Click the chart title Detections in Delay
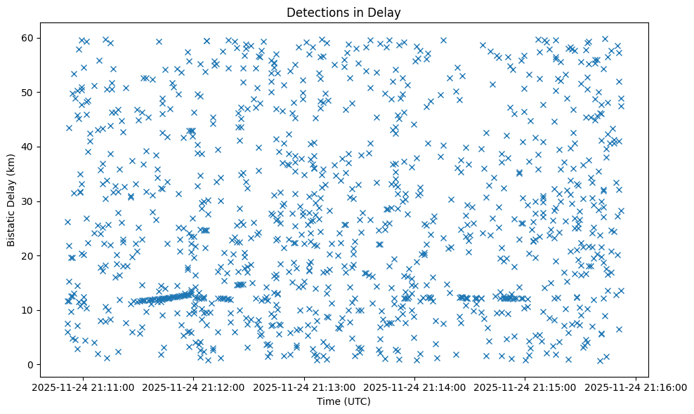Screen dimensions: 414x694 pos(344,12)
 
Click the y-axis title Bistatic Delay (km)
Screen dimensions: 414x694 pos(11,201)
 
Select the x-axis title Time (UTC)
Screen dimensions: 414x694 pos(344,401)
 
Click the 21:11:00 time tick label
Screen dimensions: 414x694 pos(84,387)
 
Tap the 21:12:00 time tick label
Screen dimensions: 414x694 pos(195,387)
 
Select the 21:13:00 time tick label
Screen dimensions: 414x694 pos(305,387)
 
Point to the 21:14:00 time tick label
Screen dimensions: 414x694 pos(415,387)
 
